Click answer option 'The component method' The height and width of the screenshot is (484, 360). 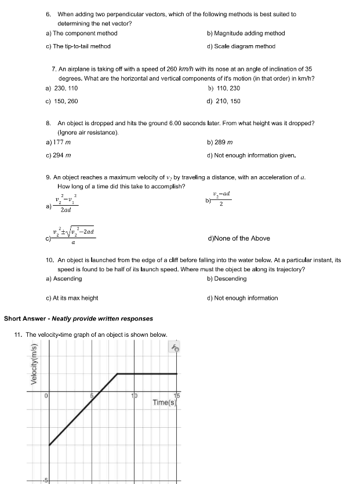pyautogui.click(x=85, y=34)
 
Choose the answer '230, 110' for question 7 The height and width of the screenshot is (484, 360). pyautogui.click(x=65, y=88)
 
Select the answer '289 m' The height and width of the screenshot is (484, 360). pyautogui.click(x=223, y=142)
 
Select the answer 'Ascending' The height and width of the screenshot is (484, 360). pyautogui.click(x=67, y=279)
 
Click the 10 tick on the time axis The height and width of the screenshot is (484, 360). pyautogui.click(x=134, y=396)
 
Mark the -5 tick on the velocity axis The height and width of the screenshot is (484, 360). pyautogui.click(x=42, y=480)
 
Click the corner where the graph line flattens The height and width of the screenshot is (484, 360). pyautogui.click(x=118, y=374)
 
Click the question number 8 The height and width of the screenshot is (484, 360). pyautogui.click(x=49, y=123)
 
